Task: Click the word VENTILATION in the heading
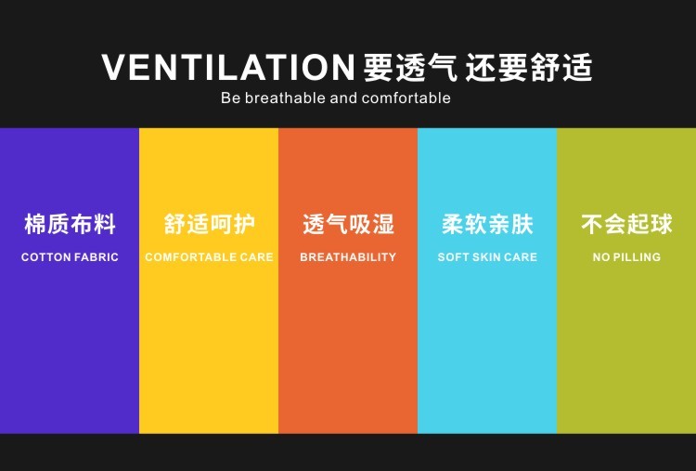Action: (x=228, y=67)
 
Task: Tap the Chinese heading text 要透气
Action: (x=410, y=67)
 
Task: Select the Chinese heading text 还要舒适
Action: (x=529, y=67)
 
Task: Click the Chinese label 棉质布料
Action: (x=70, y=224)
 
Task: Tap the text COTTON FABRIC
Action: (x=70, y=256)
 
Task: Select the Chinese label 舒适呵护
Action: (x=209, y=224)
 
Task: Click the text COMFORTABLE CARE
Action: (x=209, y=256)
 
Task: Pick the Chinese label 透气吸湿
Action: (x=348, y=224)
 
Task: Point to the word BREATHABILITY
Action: (x=348, y=256)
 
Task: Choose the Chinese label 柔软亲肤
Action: (x=487, y=224)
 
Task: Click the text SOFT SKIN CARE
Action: (x=487, y=256)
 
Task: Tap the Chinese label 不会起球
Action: (x=626, y=224)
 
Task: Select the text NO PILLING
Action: (x=626, y=256)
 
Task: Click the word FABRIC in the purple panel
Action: (x=97, y=256)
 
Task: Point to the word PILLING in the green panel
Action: (x=637, y=256)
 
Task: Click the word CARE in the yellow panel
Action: (x=256, y=256)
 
